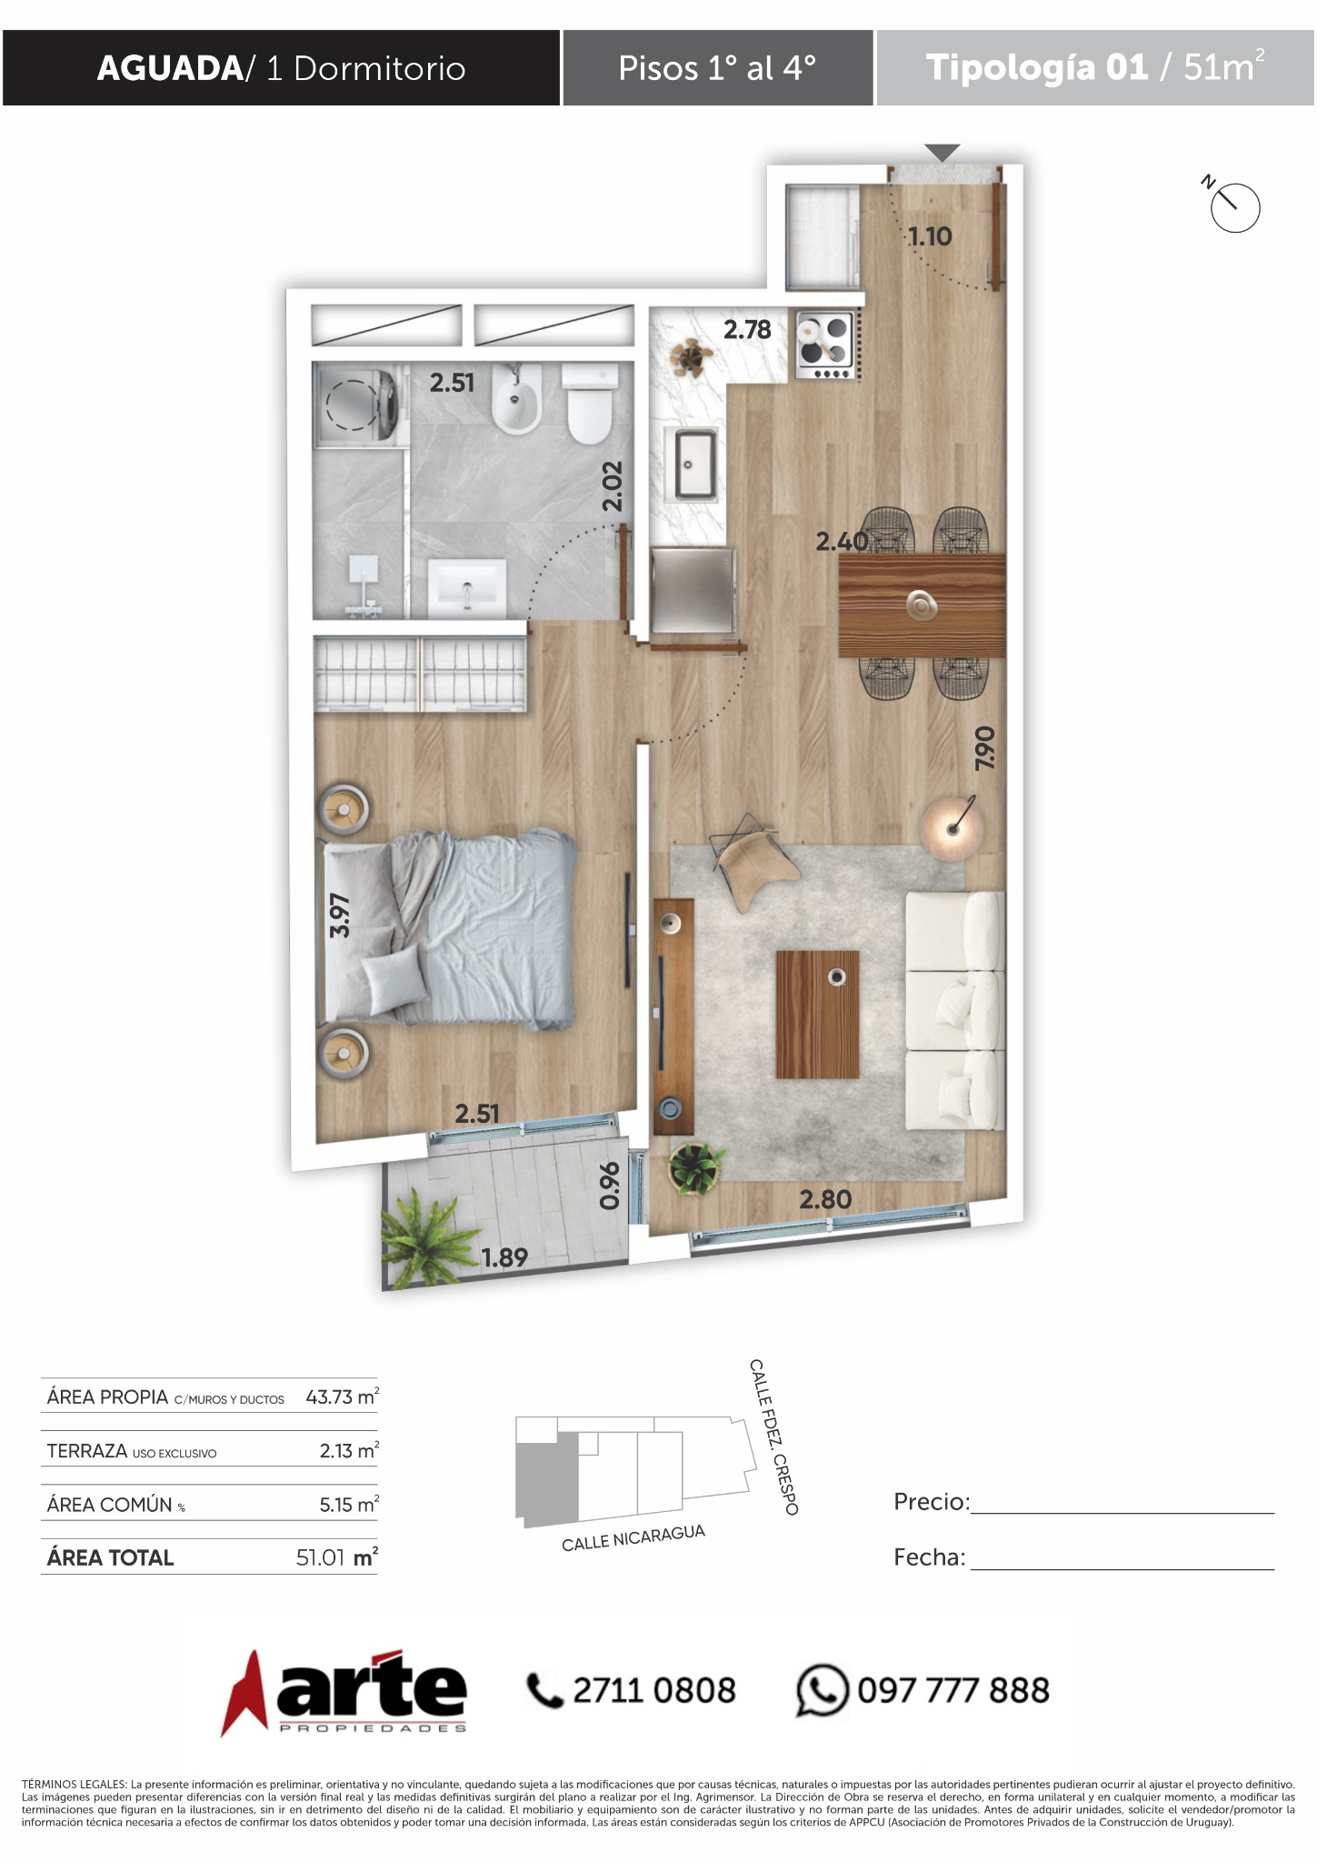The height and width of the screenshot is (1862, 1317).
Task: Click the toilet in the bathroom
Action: (x=589, y=404)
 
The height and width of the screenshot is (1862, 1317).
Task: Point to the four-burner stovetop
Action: (x=825, y=345)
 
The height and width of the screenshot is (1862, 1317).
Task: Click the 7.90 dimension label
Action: (x=984, y=747)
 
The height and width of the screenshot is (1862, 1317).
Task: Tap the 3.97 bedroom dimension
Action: (x=340, y=916)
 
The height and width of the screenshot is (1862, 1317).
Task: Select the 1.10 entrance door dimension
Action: (x=930, y=236)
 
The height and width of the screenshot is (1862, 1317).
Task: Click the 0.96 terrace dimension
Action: (x=610, y=1186)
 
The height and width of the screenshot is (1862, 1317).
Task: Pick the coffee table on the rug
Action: (x=817, y=1015)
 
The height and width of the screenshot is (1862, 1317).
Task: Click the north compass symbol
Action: (x=1232, y=205)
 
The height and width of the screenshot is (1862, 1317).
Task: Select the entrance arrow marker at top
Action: (x=943, y=153)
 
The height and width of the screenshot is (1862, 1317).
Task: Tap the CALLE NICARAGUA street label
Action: (x=634, y=1537)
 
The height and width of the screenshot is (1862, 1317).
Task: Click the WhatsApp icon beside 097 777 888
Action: (x=822, y=1690)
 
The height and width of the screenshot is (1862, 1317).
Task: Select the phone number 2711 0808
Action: (x=654, y=1691)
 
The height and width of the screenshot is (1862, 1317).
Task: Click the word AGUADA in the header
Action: (x=169, y=69)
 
